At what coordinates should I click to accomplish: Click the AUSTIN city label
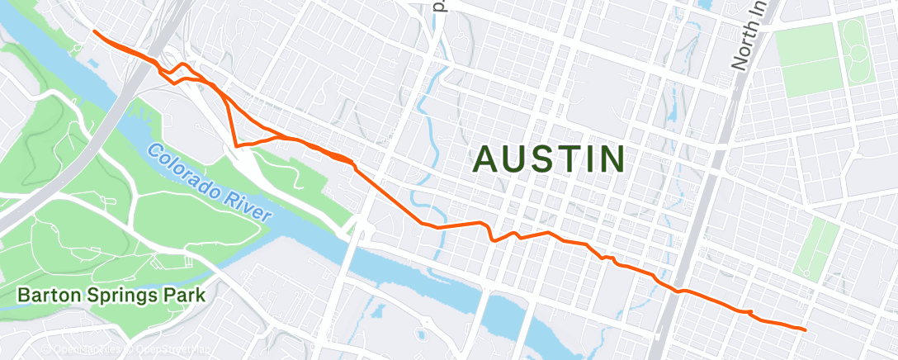coord(548,159)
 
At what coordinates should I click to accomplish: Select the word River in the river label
coord(245,202)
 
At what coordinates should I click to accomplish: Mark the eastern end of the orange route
coord(804,329)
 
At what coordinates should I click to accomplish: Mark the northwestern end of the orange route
coord(94,31)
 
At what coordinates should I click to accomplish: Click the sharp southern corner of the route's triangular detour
coord(236,145)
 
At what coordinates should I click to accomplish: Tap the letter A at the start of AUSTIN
coord(487,159)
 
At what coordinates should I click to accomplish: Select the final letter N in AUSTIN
coord(609,159)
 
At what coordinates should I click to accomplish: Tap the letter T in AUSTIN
coord(564,159)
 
